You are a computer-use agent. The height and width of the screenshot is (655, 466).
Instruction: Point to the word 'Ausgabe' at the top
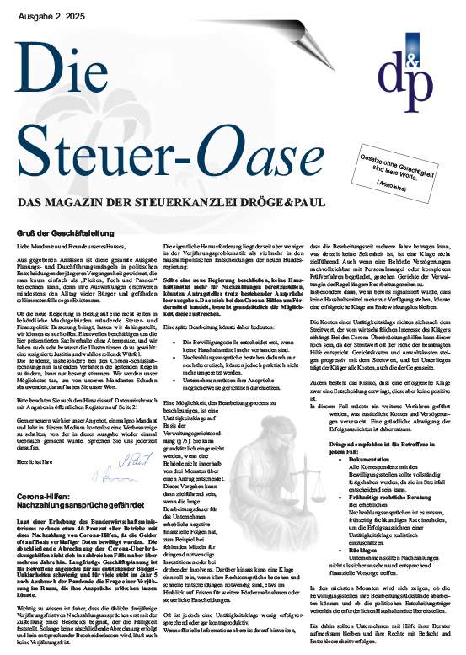click(35, 14)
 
